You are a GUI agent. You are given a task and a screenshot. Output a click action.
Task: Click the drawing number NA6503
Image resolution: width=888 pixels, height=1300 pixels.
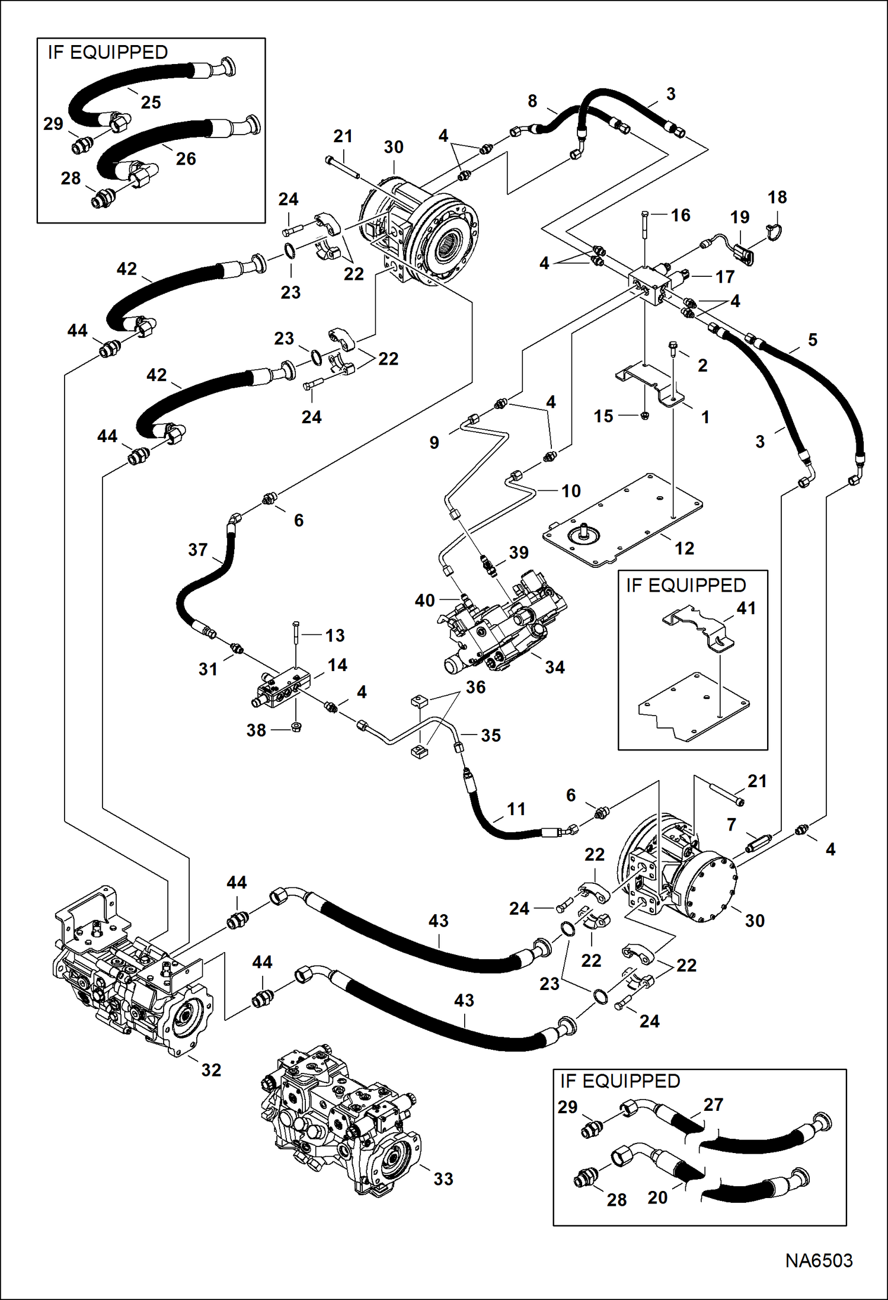[x=819, y=1260]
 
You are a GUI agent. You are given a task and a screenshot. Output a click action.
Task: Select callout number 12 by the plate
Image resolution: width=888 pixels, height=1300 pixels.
[x=684, y=548]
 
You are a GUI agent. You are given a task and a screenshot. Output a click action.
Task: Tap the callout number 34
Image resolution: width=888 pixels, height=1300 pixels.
[x=555, y=667]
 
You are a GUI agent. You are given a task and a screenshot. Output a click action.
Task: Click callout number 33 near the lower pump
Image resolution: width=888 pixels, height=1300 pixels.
[x=443, y=1178]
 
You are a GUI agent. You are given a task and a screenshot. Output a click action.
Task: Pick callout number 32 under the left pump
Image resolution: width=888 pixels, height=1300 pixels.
[x=211, y=1069]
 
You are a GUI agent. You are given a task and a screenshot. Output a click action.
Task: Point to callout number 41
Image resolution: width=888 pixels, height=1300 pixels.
[x=746, y=608]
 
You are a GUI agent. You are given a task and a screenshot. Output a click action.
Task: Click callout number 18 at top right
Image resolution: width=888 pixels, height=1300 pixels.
[x=777, y=197]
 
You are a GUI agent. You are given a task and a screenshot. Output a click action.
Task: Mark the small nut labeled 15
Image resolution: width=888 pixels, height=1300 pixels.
[x=645, y=416]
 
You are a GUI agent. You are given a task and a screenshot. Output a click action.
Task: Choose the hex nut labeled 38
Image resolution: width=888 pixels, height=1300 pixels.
[x=297, y=727]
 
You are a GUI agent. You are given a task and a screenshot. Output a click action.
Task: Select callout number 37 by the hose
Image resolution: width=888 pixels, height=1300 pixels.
[x=197, y=550]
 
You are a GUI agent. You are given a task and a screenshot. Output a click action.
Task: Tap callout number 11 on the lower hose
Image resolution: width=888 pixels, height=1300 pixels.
[x=516, y=809]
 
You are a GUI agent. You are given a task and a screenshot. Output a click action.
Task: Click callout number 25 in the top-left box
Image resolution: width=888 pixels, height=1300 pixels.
[x=151, y=102]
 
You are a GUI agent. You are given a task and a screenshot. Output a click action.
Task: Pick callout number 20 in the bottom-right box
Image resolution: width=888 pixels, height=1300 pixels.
[x=657, y=1197]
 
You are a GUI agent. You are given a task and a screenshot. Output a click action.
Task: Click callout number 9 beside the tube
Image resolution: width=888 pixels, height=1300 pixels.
[x=434, y=442]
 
